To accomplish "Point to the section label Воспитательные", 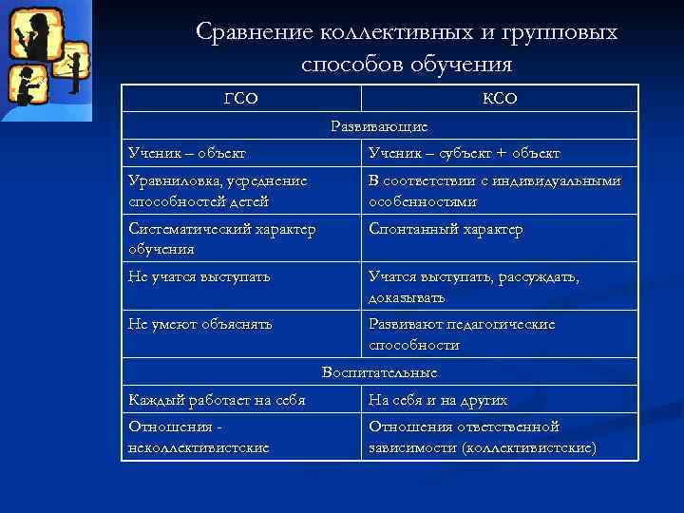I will [x=379, y=372].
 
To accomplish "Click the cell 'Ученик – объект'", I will [x=187, y=153].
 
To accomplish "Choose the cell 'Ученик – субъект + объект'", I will [x=465, y=153].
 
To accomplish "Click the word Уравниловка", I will [x=172, y=181].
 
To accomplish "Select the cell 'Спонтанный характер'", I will [x=446, y=229].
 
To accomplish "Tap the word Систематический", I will [x=184, y=229].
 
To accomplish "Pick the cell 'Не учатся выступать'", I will [x=199, y=276].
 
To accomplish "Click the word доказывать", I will [x=407, y=297].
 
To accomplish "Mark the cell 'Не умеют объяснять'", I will [x=200, y=324].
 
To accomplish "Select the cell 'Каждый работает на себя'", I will [x=217, y=400].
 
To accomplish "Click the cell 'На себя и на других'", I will [x=438, y=400].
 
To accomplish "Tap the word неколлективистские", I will [x=199, y=446].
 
